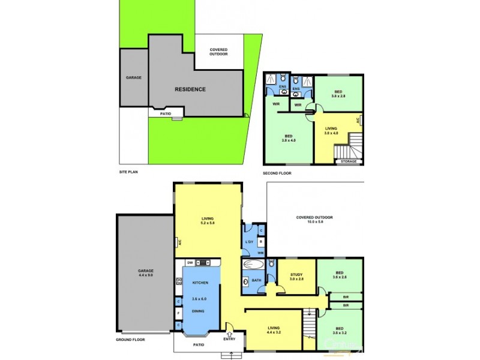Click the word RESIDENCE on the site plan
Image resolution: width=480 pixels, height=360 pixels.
click(190, 89)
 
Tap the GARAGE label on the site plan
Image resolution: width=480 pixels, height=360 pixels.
click(133, 77)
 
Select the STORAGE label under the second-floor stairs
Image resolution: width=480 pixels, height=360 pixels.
click(349, 161)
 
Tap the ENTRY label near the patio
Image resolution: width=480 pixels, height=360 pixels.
click(230, 340)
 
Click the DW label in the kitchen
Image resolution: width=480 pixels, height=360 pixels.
click(190, 263)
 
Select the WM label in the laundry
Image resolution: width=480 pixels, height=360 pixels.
click(260, 253)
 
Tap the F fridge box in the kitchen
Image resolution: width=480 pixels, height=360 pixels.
click(179, 313)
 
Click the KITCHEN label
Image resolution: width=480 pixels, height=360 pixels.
click(200, 283)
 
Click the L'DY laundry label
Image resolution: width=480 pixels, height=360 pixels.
click(249, 242)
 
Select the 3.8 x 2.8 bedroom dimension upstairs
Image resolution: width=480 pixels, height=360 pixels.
click(338, 96)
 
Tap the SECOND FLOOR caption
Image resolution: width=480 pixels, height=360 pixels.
click(277, 173)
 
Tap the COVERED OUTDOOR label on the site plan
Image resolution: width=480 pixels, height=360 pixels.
click(219, 52)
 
